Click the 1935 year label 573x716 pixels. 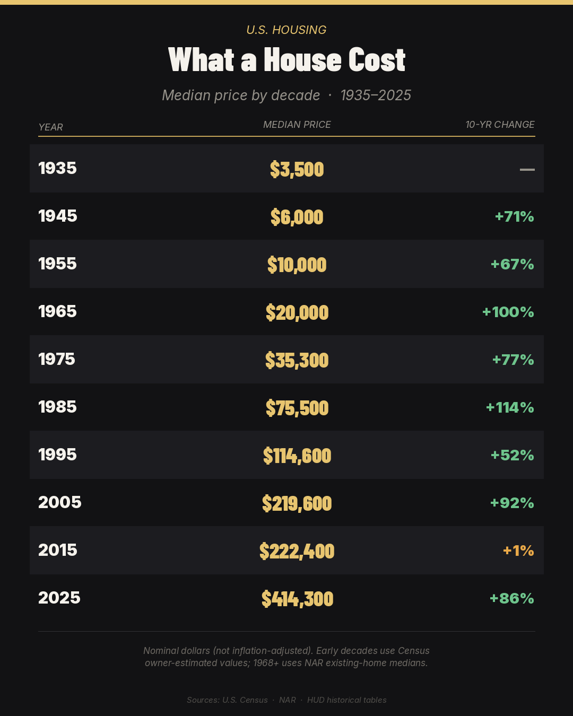click(57, 168)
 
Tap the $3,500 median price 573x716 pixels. click(297, 169)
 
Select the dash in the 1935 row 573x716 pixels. click(527, 169)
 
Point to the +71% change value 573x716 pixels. click(515, 217)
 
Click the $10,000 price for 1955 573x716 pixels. click(297, 265)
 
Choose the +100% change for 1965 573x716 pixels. click(508, 312)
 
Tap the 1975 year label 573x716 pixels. click(57, 360)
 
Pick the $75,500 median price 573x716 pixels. click(297, 408)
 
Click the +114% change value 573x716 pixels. click(510, 407)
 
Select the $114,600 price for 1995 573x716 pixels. click(297, 456)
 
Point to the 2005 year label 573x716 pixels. click(59, 502)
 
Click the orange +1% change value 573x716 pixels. click(518, 551)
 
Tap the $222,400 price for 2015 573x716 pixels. click(297, 551)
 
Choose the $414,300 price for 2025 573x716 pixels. click(297, 599)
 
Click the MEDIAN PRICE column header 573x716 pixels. click(297, 125)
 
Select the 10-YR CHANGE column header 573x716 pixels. click(500, 125)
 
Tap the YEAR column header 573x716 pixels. click(50, 127)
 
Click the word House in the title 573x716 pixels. click(302, 60)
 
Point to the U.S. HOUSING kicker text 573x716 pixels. click(286, 30)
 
